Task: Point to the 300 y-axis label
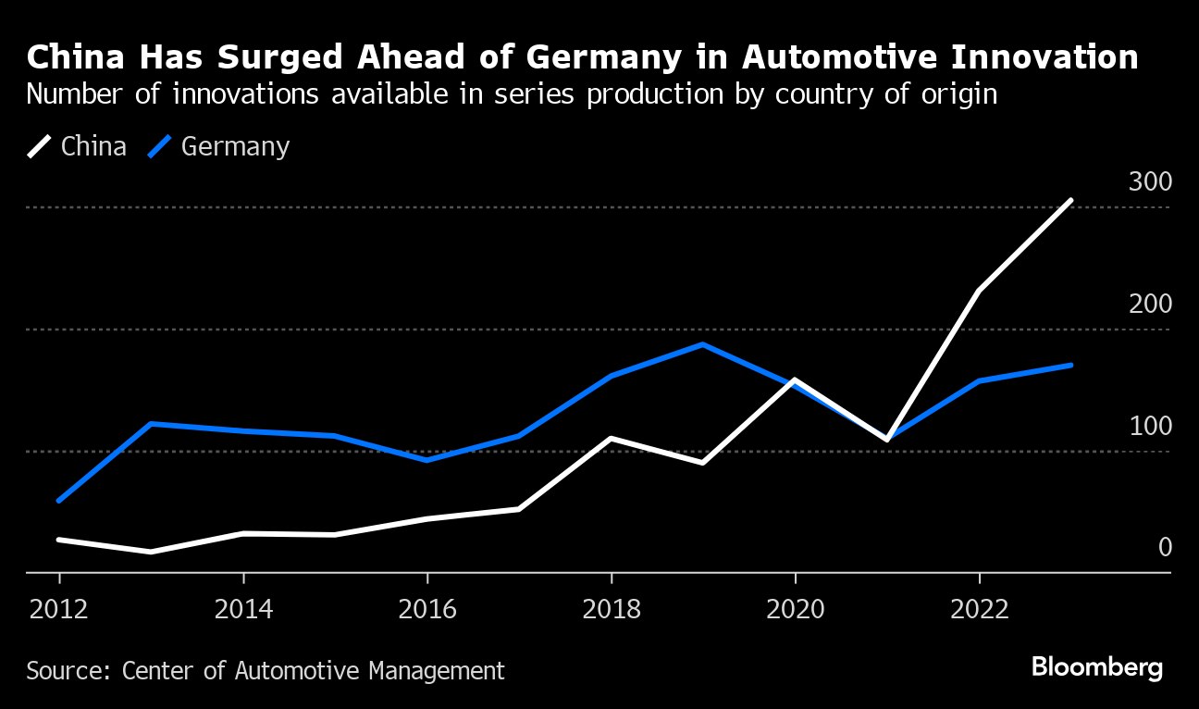coord(1150,181)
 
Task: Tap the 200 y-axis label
coord(1150,304)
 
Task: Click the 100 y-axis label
coord(1150,426)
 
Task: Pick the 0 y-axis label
coord(1165,547)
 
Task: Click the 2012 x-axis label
coord(59,610)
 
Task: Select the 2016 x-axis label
coord(426,610)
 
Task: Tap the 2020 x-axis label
coord(795,610)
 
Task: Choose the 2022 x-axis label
coord(978,610)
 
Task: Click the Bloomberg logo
coord(1096,666)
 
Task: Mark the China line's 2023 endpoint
coord(1070,200)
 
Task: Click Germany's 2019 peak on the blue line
coord(703,344)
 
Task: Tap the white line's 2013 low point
coord(151,552)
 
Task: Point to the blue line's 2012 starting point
coord(59,501)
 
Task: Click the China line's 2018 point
coord(611,438)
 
